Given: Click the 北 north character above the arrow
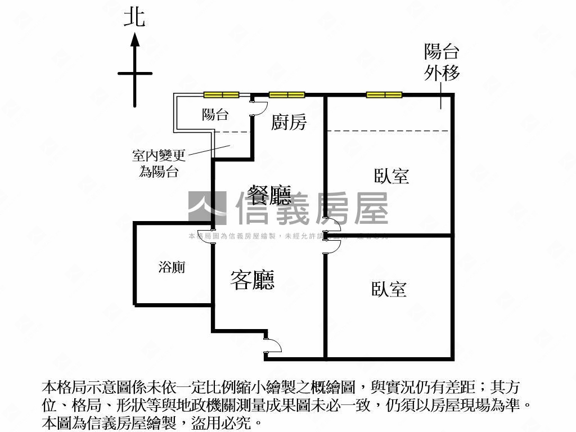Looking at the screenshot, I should point(135,17).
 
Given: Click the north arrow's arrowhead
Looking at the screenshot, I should point(135,39).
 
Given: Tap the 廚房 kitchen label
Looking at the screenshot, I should point(289,122).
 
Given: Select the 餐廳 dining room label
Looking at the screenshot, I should point(270,196).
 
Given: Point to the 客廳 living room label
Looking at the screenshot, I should point(253,280).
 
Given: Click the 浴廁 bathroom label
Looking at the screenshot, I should point(172,267).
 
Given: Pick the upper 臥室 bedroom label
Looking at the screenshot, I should point(391,176).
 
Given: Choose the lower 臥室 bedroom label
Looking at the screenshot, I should point(389,289).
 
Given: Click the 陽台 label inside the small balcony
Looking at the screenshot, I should point(215,115).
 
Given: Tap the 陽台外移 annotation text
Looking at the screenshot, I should point(442,62).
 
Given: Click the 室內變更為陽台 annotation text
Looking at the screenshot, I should point(159,163).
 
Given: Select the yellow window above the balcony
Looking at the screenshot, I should point(221,94).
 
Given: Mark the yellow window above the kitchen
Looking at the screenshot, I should point(287,94).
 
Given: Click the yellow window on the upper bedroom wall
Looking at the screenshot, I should point(384,94).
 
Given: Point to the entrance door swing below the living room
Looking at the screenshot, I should point(273,346).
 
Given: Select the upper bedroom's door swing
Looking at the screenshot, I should point(334,226).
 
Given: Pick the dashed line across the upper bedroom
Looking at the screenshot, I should point(388,131).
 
